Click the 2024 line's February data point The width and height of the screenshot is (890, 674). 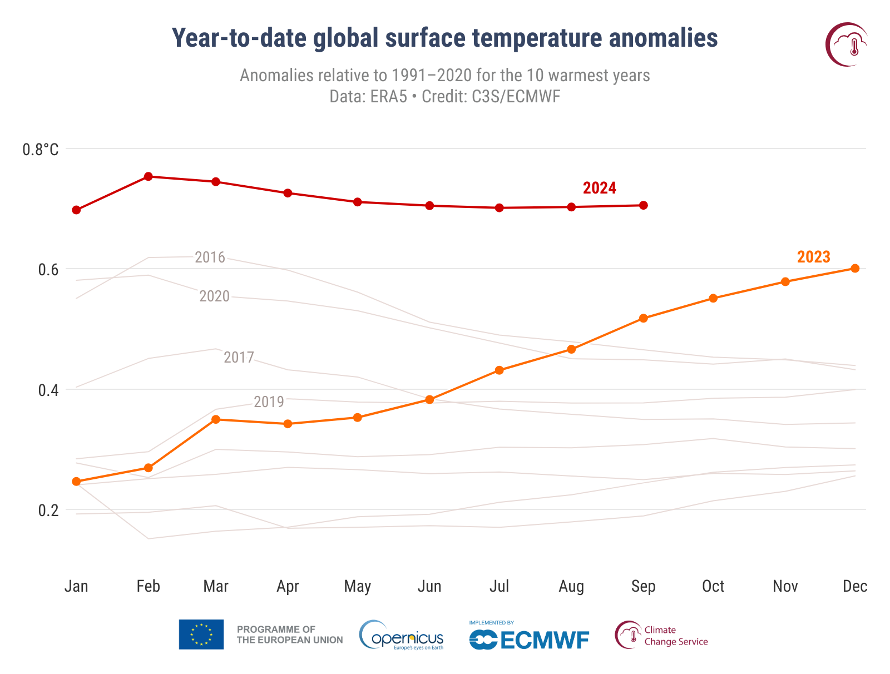(x=149, y=176)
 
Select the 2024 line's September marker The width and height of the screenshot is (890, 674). (x=644, y=205)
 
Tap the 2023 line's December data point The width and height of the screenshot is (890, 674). (x=855, y=268)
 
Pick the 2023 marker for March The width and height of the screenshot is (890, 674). (x=216, y=419)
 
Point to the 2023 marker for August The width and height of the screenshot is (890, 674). (x=571, y=349)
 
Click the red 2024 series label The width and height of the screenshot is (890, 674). (x=599, y=188)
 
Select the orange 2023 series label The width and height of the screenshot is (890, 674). (x=813, y=257)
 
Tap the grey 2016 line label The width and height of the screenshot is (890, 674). (x=210, y=257)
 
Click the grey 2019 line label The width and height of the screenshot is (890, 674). (x=269, y=402)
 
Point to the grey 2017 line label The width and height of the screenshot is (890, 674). (x=239, y=357)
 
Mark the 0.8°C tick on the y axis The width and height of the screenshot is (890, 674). (x=40, y=150)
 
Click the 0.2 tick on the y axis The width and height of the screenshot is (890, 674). (x=48, y=510)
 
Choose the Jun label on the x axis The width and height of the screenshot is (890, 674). (x=429, y=586)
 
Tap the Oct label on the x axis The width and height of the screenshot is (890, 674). (x=713, y=586)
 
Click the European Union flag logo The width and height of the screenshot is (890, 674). (x=201, y=635)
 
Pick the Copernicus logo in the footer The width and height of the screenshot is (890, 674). (x=402, y=635)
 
